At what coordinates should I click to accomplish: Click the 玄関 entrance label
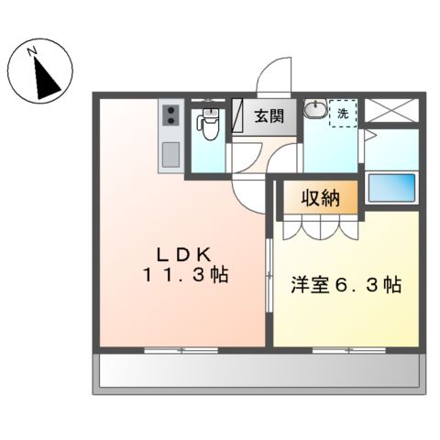click(269, 116)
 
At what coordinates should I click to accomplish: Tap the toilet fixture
click(208, 123)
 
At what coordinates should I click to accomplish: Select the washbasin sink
click(315, 110)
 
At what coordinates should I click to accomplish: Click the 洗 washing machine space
click(343, 114)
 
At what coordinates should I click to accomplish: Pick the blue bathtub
click(391, 189)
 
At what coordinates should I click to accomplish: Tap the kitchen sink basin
click(170, 155)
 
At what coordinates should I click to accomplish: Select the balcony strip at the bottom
click(258, 372)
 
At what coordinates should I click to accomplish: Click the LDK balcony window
click(182, 349)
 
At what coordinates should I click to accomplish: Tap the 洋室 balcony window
click(344, 349)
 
